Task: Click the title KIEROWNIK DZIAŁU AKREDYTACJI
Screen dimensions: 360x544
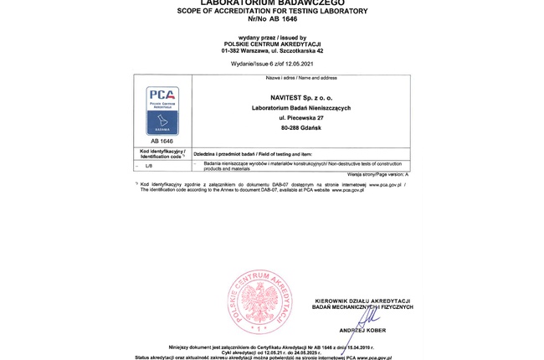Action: click(362, 300)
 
